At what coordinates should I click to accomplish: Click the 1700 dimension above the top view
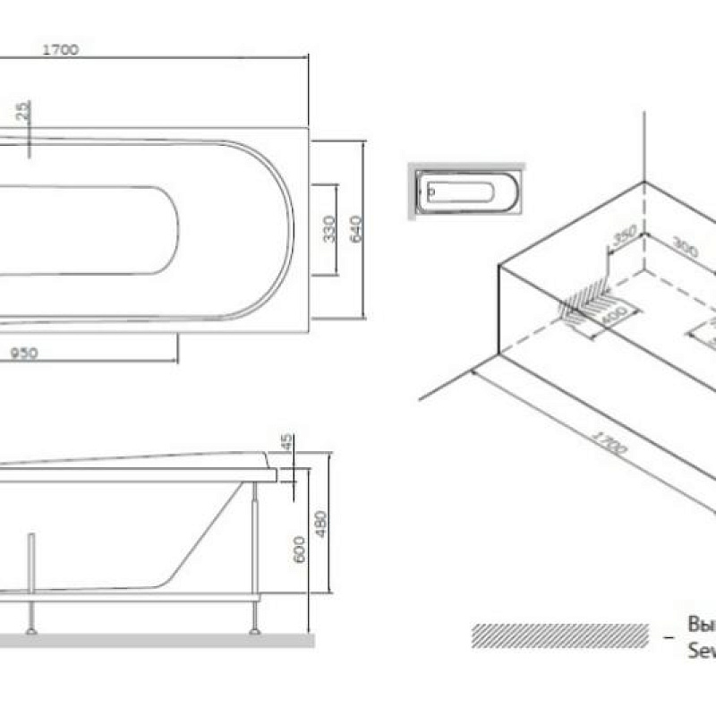61,50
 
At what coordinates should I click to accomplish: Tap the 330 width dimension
328,229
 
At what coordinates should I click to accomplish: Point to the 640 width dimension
355,229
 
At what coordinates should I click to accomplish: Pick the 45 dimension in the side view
287,444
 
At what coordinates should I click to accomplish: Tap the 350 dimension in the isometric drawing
624,238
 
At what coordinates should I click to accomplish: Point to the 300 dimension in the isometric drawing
686,249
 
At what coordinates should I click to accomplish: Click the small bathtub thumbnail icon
465,192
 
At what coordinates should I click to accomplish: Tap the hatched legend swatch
560,635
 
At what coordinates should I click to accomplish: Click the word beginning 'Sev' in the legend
701,651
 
